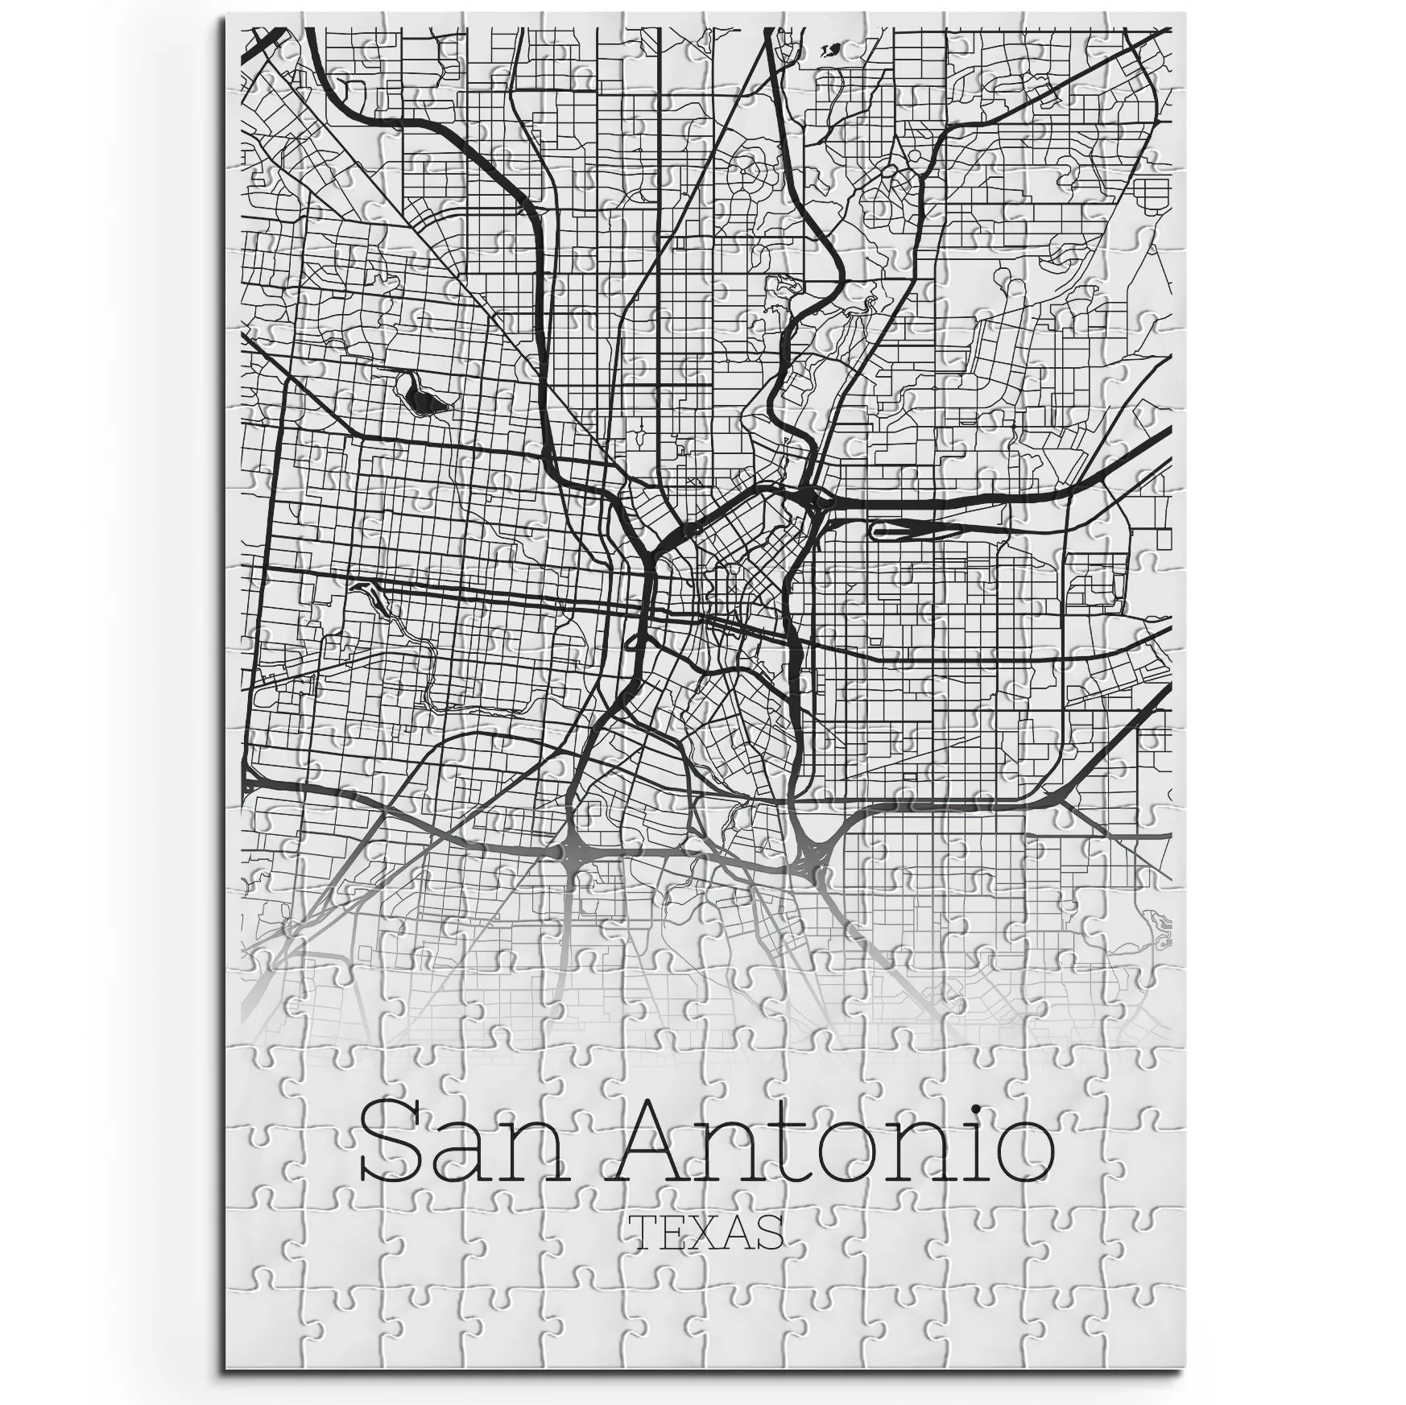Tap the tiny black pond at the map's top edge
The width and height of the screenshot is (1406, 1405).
click(x=829, y=52)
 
